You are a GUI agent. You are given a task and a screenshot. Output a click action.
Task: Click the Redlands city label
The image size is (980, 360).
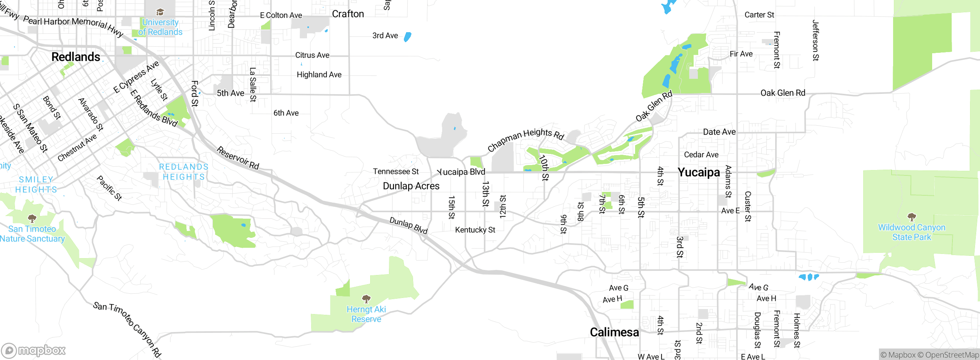[x=76, y=57]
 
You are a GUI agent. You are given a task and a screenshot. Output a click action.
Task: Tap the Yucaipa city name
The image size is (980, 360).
[x=699, y=172]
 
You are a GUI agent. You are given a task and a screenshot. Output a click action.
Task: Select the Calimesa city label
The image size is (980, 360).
[x=614, y=332]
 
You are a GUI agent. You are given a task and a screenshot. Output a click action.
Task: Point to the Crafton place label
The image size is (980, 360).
[x=348, y=14]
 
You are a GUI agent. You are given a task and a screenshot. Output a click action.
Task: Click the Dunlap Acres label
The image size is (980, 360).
[x=411, y=186]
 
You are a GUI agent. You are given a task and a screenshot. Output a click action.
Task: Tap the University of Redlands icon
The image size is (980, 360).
[x=160, y=12]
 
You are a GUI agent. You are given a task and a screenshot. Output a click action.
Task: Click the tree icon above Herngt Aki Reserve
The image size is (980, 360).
[x=366, y=298]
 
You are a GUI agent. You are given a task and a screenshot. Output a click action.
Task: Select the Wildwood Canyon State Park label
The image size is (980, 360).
[x=911, y=232]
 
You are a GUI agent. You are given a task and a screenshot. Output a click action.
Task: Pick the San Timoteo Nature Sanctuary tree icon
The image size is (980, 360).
[x=32, y=218]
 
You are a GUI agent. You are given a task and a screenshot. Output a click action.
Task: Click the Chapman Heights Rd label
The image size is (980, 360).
[x=526, y=140]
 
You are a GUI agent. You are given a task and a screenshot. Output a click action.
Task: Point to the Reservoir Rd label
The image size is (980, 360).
[x=238, y=158]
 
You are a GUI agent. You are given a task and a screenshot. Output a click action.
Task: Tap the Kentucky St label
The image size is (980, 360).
[x=475, y=230]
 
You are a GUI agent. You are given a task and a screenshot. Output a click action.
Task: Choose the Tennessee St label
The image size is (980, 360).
[x=396, y=172]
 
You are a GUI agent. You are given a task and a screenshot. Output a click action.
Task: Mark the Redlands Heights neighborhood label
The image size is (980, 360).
[x=184, y=172]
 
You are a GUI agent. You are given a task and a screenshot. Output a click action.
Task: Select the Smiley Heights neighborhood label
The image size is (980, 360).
[x=36, y=185]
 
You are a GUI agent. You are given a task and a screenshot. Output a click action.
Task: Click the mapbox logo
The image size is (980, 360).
[x=34, y=350]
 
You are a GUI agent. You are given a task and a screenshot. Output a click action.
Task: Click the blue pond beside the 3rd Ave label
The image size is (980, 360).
[x=408, y=37]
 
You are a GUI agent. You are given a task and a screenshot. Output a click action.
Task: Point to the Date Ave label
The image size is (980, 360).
[x=719, y=132]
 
